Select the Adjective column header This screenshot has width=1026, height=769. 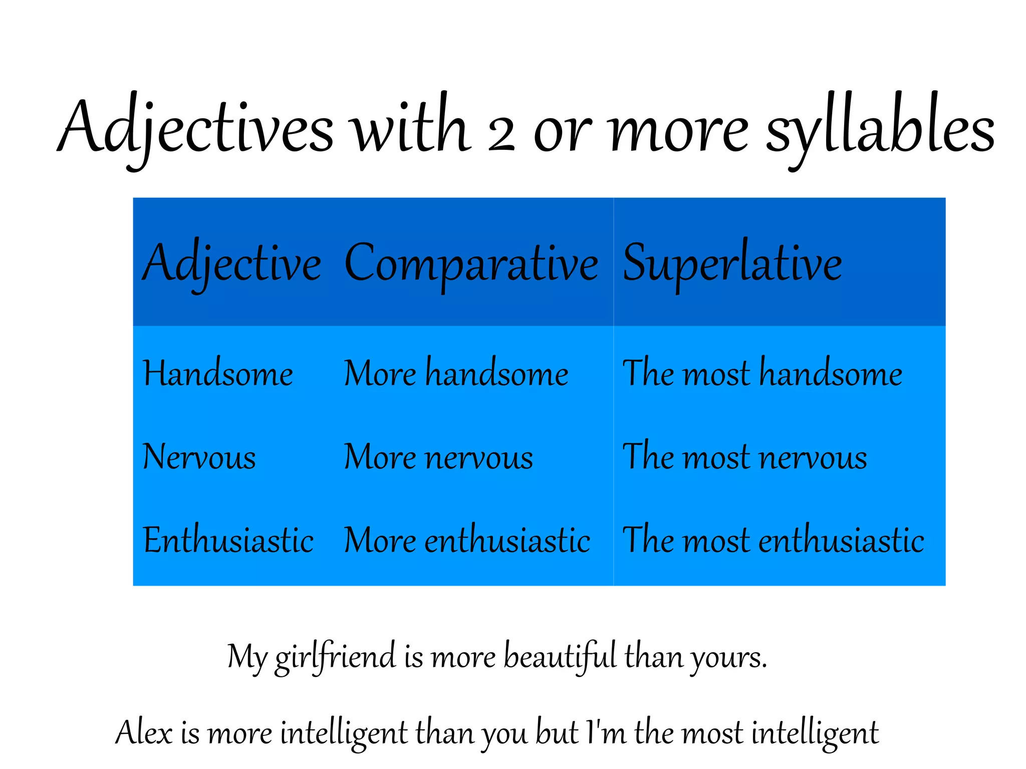click(232, 264)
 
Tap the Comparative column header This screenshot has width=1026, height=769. click(471, 264)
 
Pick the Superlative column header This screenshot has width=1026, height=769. click(732, 264)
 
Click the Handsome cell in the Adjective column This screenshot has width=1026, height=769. click(218, 373)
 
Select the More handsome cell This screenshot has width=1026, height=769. click(456, 373)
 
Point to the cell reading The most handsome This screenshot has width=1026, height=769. click(762, 373)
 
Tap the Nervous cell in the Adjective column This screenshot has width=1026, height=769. click(199, 457)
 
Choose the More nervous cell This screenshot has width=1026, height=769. click(438, 457)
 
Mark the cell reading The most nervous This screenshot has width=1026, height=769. click(744, 457)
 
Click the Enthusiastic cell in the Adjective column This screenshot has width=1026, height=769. click(228, 540)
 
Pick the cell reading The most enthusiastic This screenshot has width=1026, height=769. click(773, 540)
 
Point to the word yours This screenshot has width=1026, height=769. click(729, 658)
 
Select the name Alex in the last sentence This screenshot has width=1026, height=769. click(144, 733)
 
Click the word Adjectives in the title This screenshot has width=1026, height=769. click(195, 128)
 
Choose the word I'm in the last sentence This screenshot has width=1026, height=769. click(606, 732)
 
